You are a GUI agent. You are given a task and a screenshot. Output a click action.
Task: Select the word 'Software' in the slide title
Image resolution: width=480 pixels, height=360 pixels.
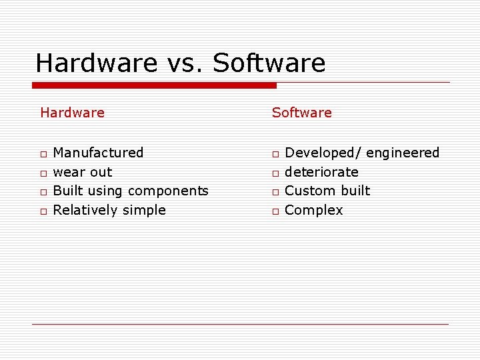pyautogui.click(x=269, y=63)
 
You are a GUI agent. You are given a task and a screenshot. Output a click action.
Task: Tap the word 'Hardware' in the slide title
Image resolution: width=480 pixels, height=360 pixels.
pyautogui.click(x=97, y=63)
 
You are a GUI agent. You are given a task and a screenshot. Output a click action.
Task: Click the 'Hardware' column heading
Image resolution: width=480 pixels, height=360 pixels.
pyautogui.click(x=72, y=113)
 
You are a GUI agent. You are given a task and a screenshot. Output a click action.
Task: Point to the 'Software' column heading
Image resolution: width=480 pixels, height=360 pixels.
pyautogui.click(x=301, y=113)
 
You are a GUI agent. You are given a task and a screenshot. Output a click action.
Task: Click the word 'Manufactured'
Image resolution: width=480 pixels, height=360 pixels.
pyautogui.click(x=98, y=153)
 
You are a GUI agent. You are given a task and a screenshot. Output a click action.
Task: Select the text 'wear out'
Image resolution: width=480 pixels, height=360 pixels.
pyautogui.click(x=82, y=172)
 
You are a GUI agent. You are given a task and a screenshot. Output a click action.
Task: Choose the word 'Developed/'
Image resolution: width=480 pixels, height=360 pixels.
pyautogui.click(x=323, y=153)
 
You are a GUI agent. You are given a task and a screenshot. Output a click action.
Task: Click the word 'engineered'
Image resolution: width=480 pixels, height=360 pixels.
pyautogui.click(x=403, y=153)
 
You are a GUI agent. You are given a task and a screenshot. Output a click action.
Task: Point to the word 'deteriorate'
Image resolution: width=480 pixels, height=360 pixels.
pyautogui.click(x=321, y=172)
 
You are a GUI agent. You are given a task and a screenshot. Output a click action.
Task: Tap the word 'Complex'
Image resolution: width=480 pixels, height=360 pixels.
pyautogui.click(x=313, y=211)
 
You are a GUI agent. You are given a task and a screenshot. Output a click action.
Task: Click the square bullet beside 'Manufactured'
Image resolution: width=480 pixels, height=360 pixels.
pyautogui.click(x=42, y=155)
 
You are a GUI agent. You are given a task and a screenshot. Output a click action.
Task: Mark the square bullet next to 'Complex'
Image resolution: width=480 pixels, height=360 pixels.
pyautogui.click(x=274, y=212)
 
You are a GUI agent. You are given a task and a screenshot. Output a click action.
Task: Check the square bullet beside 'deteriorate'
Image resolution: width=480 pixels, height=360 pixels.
pyautogui.click(x=274, y=173)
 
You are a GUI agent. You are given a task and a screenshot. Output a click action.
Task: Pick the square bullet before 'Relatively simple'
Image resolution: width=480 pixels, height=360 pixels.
pyautogui.click(x=42, y=212)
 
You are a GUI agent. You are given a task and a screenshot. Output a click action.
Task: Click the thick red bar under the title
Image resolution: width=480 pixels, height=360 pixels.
pyautogui.click(x=154, y=85)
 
